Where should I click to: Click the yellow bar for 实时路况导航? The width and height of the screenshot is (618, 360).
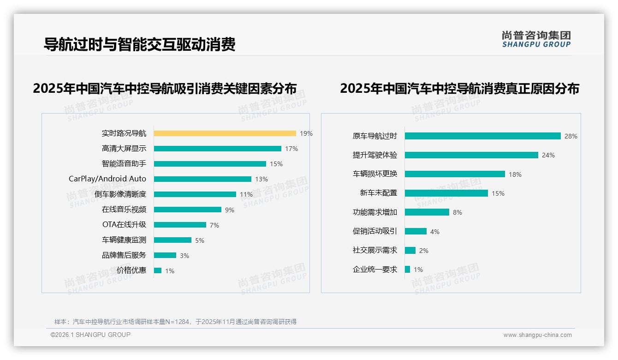(x=225, y=133)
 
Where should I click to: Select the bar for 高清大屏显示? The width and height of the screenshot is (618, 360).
(x=217, y=149)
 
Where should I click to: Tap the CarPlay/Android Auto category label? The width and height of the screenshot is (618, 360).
(x=107, y=179)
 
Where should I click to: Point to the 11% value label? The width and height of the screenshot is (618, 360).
(x=246, y=194)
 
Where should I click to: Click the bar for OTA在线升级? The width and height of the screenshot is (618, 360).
(x=180, y=225)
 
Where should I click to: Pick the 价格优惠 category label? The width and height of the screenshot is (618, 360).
(x=131, y=270)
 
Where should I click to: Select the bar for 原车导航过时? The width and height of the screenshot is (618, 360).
(x=482, y=136)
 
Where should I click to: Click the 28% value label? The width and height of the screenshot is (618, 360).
(x=570, y=136)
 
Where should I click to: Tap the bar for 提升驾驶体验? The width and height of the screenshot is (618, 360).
(x=471, y=155)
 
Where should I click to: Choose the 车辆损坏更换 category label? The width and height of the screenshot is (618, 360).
(x=374, y=174)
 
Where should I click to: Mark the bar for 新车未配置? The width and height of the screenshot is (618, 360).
(x=446, y=193)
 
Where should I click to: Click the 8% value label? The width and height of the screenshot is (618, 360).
(x=457, y=212)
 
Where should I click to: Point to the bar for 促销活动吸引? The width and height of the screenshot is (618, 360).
(x=416, y=231)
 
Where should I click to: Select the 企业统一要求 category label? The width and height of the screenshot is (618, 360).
(x=374, y=270)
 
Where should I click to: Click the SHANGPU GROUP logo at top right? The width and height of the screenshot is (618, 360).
(x=536, y=39)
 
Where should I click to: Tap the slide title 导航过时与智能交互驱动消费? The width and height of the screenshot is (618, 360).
(x=139, y=44)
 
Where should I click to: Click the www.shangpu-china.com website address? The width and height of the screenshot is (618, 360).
(x=537, y=335)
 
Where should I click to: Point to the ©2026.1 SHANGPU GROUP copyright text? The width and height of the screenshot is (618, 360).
(x=90, y=335)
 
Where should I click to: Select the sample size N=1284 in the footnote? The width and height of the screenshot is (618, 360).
(x=175, y=322)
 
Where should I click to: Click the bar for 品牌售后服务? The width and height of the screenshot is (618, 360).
(x=165, y=255)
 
